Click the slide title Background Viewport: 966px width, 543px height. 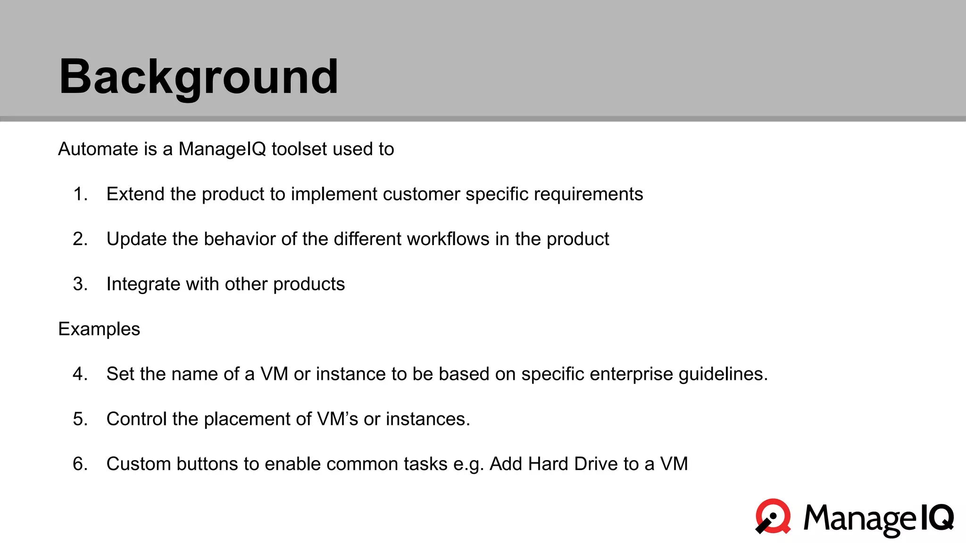tap(198, 77)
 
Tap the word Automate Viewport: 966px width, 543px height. tap(98, 149)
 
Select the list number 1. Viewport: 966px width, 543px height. tap(80, 194)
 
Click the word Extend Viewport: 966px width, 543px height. tap(135, 194)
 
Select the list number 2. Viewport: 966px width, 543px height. tap(80, 239)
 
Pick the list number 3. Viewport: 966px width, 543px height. tap(80, 284)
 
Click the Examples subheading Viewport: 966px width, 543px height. tap(99, 329)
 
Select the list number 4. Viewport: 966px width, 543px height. tap(80, 374)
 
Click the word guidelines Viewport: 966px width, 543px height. tap(723, 374)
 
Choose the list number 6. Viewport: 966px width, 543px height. tap(80, 464)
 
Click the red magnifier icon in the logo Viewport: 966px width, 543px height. tap(774, 516)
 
